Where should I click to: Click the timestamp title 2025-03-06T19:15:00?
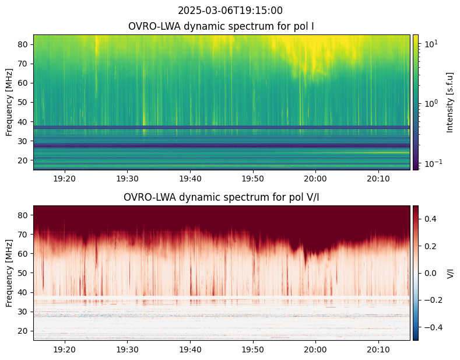(x=230, y=11)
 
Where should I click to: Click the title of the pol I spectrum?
(x=221, y=26)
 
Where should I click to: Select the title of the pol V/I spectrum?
(x=221, y=197)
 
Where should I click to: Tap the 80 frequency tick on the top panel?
(x=23, y=44)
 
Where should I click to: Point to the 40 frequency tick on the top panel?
(x=23, y=122)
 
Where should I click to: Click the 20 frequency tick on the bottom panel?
(x=23, y=331)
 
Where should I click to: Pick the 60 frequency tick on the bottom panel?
(x=23, y=254)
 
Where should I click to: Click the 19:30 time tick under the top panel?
(x=127, y=179)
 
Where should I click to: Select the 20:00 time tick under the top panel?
(x=315, y=179)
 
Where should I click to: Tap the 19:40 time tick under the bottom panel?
(x=190, y=349)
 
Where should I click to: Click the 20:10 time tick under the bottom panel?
(x=378, y=349)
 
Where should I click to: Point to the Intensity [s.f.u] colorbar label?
(x=450, y=103)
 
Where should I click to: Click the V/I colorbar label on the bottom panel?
(x=450, y=273)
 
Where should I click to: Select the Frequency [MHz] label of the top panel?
(x=9, y=103)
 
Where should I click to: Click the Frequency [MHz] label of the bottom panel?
(x=9, y=274)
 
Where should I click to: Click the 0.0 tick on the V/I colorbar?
(x=430, y=274)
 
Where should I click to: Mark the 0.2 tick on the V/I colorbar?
(x=430, y=246)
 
